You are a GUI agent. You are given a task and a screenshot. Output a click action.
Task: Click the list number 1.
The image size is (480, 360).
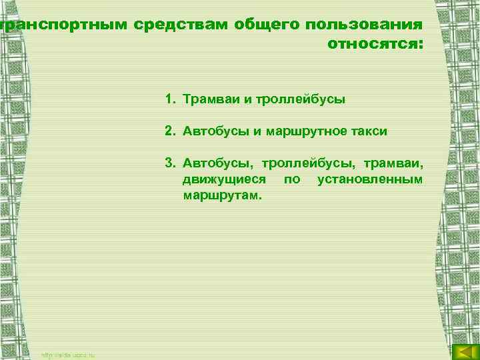[x=170, y=100]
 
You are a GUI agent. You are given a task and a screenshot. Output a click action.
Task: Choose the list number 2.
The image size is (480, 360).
[x=170, y=131]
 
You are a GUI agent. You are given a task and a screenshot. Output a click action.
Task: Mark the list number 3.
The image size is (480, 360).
[x=170, y=163]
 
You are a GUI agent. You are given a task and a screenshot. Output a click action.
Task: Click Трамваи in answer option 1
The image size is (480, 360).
[x=209, y=100]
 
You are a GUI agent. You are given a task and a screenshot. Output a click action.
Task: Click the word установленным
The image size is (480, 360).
[x=369, y=180]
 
